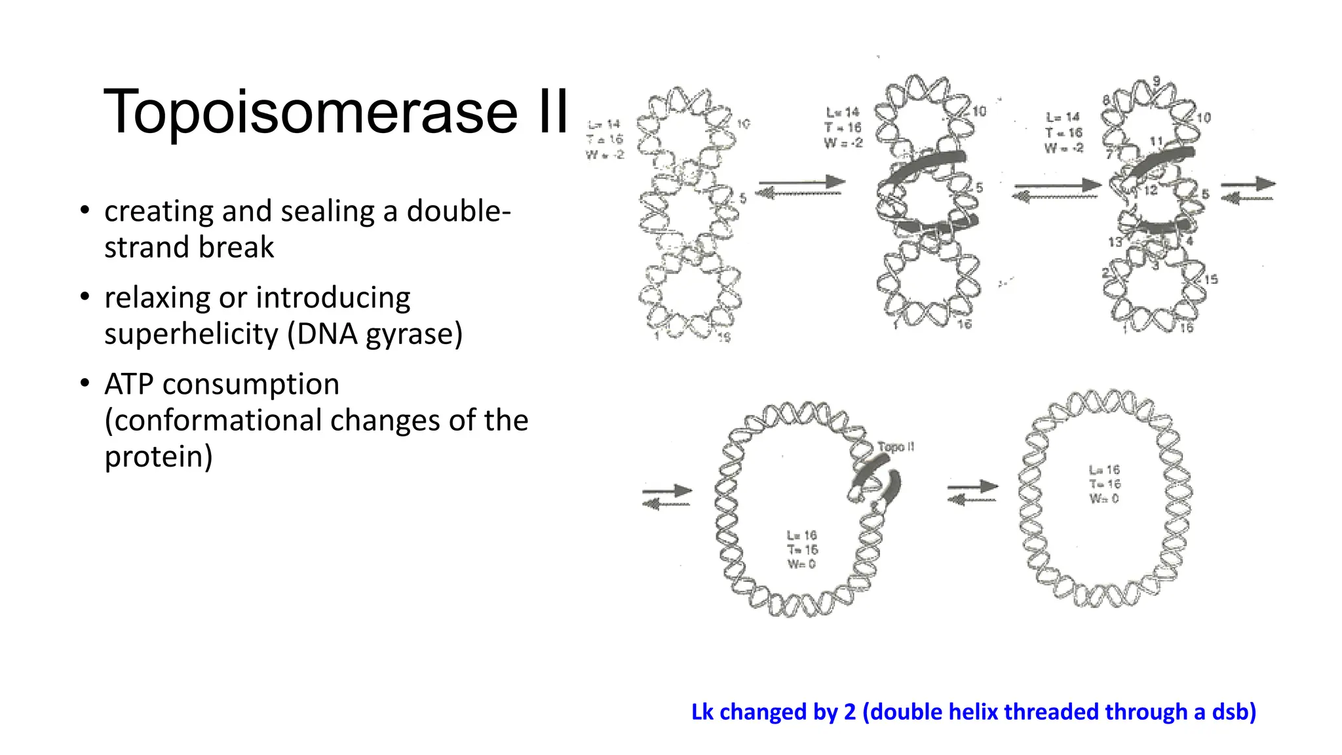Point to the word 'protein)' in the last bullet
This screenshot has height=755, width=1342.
click(159, 457)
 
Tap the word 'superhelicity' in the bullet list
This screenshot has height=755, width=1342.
click(191, 334)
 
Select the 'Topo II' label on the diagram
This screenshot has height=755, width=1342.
click(896, 447)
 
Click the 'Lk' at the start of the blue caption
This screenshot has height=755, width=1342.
click(702, 712)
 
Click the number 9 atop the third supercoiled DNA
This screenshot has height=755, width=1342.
click(1157, 81)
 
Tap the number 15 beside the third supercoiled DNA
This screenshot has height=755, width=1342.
click(1211, 279)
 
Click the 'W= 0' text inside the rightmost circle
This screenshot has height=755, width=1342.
click(1105, 499)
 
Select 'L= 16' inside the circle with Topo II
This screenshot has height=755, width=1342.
click(802, 535)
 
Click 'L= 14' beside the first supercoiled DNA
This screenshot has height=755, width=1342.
click(604, 124)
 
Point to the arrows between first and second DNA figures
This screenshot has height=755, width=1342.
click(800, 187)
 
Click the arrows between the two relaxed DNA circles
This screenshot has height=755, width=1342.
click(973, 493)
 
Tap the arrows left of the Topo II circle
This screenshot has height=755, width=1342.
click(667, 497)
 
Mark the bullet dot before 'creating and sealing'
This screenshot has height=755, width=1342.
click(85, 211)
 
